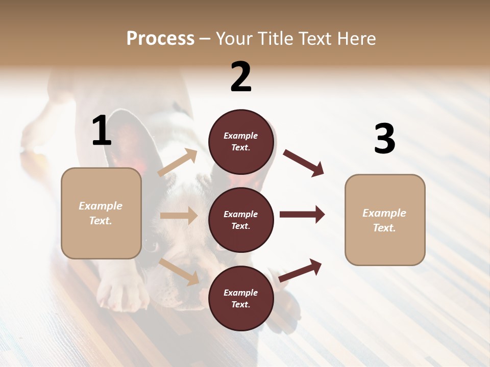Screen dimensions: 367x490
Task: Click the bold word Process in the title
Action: click(160, 39)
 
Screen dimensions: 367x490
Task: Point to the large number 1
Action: click(102, 131)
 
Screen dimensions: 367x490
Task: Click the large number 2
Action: click(241, 77)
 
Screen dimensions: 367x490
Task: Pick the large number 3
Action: click(384, 139)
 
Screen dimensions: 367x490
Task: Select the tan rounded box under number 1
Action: click(101, 213)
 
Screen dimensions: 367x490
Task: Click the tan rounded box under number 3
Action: click(385, 220)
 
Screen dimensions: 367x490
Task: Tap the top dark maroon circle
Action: click(241, 142)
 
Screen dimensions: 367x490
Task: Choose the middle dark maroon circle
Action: click(241, 220)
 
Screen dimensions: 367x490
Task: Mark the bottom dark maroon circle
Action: click(241, 299)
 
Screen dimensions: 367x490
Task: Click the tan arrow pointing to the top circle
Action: click(178, 163)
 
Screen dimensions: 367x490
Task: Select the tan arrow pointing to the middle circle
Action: click(179, 216)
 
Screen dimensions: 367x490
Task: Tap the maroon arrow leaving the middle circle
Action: click(302, 215)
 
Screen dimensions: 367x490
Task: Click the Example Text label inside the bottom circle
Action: click(241, 299)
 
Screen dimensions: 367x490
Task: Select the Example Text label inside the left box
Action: click(101, 213)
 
